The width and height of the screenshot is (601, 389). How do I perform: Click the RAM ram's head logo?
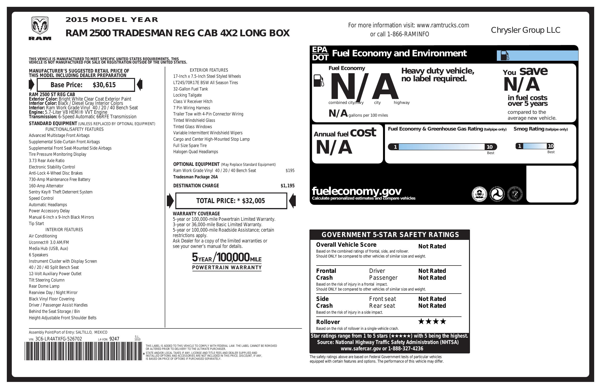40,26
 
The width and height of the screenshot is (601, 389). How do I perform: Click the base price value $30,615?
104,85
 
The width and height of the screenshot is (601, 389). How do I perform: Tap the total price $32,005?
253,201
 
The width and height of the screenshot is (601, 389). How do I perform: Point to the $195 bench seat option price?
290,171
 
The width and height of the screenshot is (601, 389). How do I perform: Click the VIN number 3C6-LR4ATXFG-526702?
59,339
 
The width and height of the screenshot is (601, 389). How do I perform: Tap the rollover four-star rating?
432,321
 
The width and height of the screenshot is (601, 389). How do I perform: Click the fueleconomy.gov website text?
357,191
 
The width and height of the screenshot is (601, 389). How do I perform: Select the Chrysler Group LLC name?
526,30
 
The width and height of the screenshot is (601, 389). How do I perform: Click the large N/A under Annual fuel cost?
334,147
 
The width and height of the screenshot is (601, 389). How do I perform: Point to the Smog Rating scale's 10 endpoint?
551,146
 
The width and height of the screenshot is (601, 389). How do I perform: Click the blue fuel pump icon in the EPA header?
505,56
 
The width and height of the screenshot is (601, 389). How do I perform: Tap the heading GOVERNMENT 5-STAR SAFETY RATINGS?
390,235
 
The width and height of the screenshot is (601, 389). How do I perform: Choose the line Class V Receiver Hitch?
193,102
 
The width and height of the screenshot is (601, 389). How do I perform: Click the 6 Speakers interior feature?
38,255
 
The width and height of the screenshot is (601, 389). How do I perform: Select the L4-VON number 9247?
114,339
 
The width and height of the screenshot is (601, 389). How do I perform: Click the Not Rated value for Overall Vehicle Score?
432,246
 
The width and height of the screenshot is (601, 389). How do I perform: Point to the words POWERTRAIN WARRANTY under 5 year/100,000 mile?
227,268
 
